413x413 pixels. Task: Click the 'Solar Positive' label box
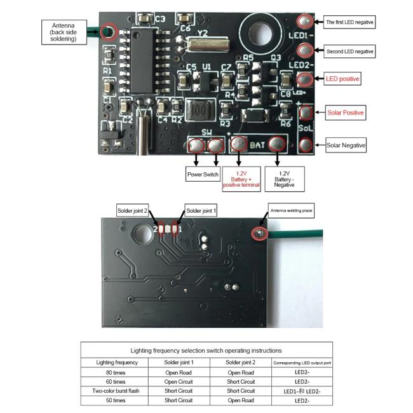click(346, 112)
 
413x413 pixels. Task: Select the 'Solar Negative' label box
click(346, 146)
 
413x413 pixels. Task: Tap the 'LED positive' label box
click(342, 79)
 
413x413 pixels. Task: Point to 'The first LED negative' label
click(349, 22)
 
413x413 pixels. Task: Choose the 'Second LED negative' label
click(349, 50)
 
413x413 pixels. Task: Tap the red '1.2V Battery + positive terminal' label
click(239, 179)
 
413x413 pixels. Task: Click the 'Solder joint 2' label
click(132, 210)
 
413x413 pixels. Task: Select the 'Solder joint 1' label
click(201, 210)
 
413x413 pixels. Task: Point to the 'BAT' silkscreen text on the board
click(257, 146)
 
